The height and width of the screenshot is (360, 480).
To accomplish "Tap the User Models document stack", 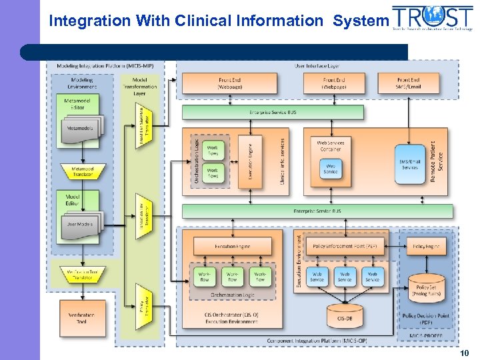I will click(x=80, y=225).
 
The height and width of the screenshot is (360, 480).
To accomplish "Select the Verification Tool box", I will click(x=81, y=318).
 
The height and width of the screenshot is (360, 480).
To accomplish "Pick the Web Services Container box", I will click(x=331, y=146).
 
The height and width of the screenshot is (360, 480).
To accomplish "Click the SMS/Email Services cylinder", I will click(x=409, y=163).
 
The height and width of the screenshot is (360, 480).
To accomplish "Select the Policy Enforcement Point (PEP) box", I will click(x=344, y=246).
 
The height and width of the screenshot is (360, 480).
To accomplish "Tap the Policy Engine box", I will click(x=425, y=246).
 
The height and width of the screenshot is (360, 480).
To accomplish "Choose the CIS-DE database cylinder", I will click(x=344, y=317).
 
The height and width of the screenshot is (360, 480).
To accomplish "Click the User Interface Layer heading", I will click(x=317, y=66).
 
